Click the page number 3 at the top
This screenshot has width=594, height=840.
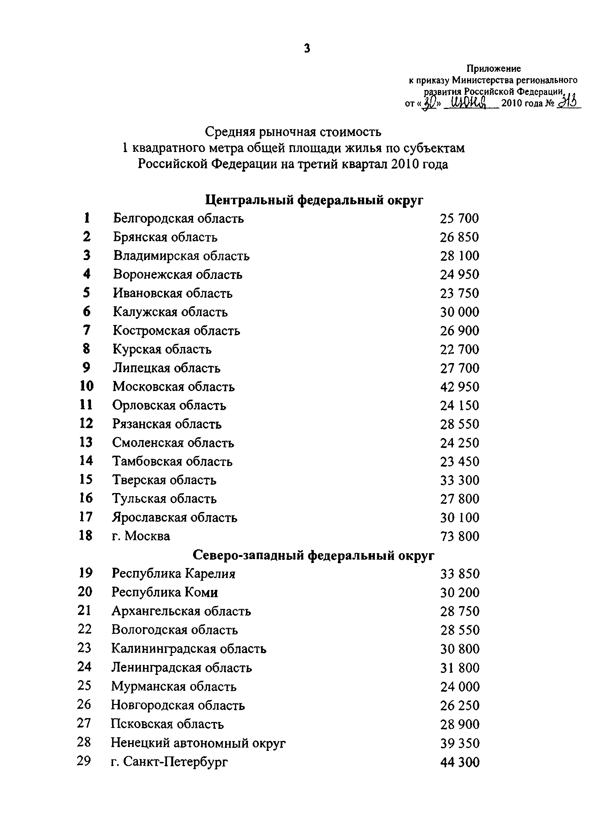coord(307,48)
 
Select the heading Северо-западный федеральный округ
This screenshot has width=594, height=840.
coord(314,555)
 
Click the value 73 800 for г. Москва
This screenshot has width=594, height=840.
coord(459,536)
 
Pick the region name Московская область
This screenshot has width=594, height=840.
coord(173,387)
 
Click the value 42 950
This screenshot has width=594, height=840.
coord(459,387)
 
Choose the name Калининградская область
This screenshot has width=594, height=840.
coord(189,649)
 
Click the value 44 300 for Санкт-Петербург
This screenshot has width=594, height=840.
coord(460,762)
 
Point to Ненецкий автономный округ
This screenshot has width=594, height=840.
coord(198,743)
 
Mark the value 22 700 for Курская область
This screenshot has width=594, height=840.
coord(459,349)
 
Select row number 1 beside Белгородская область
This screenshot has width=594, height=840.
coord(87,218)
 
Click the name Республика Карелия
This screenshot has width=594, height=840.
coord(173,573)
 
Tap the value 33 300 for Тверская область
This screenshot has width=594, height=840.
coord(460,480)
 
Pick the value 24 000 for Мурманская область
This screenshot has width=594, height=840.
coord(460,687)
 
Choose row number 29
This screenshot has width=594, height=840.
coord(84,761)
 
